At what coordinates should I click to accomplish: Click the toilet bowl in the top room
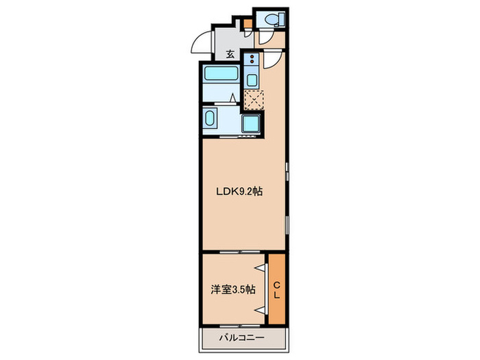coord(271,20)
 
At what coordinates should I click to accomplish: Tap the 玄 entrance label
coord(230,54)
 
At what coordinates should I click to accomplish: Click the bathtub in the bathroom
coord(221,73)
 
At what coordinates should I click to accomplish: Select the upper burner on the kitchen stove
coord(252,57)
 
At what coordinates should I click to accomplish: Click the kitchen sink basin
coord(252,80)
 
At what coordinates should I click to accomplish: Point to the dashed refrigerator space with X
coord(254,100)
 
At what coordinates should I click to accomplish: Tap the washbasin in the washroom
coord(210,118)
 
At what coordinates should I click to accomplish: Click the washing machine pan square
coord(251,123)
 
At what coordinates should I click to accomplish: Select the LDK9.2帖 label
coord(239,191)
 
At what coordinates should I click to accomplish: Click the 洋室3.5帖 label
coord(233,289)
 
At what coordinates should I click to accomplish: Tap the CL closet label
coord(277,291)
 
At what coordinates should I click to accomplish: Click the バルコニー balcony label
coord(241,338)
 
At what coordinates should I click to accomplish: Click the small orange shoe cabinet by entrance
coord(248,23)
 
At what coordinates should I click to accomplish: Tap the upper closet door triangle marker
coord(260,268)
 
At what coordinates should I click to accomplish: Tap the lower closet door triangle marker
coord(260,310)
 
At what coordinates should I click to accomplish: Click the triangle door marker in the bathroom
coord(233,98)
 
